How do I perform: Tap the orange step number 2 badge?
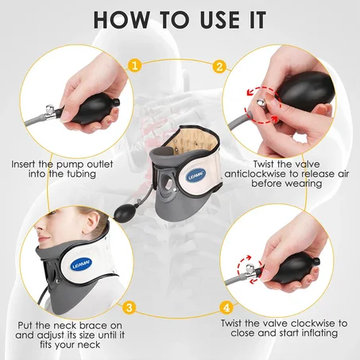click(x=220, y=67)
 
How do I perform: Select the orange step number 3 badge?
click(x=130, y=304)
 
